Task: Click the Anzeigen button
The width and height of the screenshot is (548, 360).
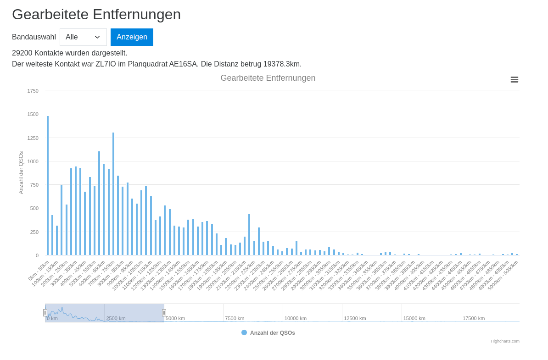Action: click(132, 37)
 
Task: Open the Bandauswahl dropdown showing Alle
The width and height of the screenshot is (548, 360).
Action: click(83, 37)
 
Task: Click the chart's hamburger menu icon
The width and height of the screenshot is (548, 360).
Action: click(514, 79)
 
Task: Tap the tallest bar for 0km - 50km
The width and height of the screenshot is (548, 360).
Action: click(48, 185)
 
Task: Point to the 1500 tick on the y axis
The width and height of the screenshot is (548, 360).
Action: click(33, 114)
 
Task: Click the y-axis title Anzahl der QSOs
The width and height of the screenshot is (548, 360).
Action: click(21, 172)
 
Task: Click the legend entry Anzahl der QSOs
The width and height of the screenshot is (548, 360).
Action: click(272, 333)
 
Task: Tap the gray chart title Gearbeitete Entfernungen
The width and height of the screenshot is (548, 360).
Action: click(268, 78)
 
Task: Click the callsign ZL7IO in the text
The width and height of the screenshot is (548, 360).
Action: click(105, 64)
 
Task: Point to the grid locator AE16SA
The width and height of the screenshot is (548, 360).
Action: click(184, 64)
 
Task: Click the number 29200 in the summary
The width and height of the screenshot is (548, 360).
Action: click(22, 53)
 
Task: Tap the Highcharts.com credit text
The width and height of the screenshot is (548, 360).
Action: click(505, 341)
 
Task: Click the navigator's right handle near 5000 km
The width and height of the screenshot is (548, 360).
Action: click(164, 313)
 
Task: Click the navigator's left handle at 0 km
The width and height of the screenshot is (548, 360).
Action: click(45, 313)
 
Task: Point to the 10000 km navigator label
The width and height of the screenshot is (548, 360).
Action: click(295, 318)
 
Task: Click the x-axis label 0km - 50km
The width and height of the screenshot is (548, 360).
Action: click(39, 271)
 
